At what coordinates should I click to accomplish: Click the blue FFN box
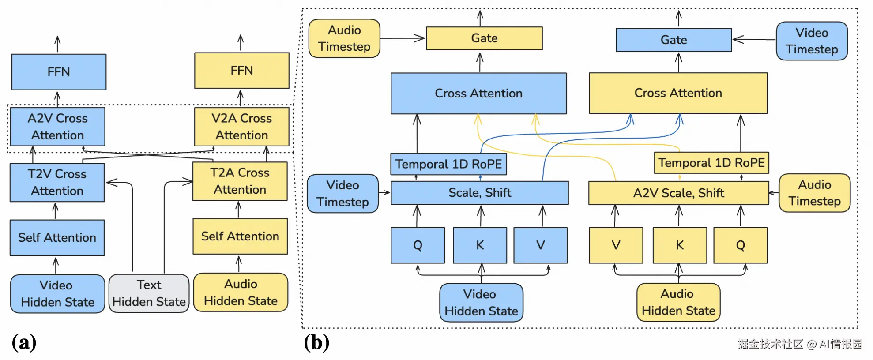[59, 72]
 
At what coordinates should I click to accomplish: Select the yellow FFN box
[242, 71]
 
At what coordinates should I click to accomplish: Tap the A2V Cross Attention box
[57, 127]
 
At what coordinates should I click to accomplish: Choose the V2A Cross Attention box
[242, 127]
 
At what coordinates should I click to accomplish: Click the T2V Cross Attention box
[57, 182]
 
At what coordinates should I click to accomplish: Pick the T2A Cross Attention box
[240, 181]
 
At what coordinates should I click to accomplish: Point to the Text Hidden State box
[149, 293]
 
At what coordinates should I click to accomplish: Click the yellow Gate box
[484, 38]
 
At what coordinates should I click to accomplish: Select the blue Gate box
[674, 40]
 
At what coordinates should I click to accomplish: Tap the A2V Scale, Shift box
[678, 193]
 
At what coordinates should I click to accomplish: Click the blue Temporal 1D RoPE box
[448, 164]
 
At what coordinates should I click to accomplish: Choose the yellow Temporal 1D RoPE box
[711, 163]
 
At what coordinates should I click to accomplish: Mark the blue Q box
[418, 245]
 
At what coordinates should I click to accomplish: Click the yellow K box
[680, 245]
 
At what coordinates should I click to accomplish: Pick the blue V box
[541, 245]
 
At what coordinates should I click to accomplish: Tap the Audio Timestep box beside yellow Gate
[344, 38]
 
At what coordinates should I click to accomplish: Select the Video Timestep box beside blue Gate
[812, 41]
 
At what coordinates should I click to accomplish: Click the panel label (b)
[316, 342]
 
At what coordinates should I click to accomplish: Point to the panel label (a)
[24, 342]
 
